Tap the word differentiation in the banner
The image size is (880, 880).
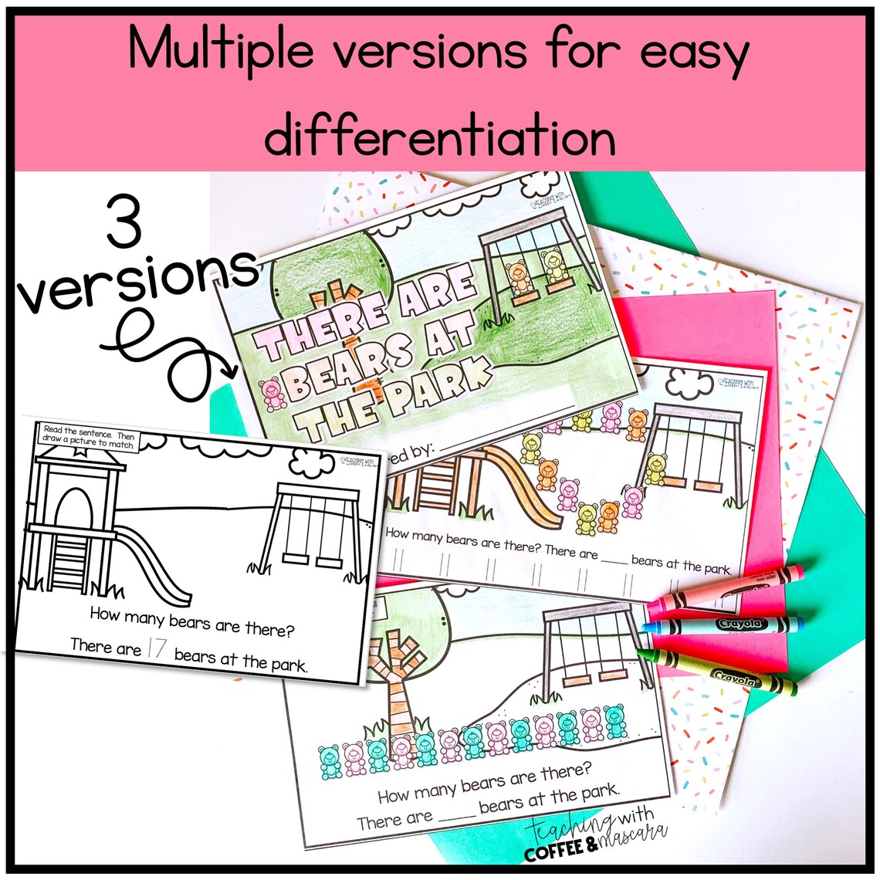click(440, 137)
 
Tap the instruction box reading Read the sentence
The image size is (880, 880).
click(89, 437)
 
